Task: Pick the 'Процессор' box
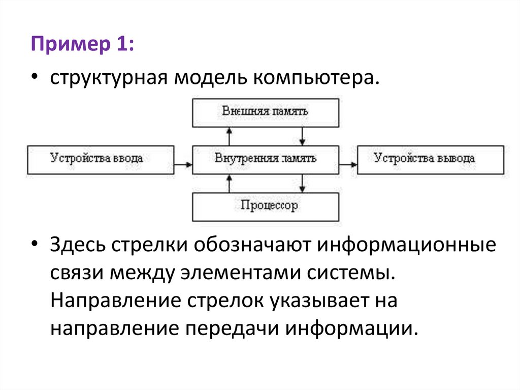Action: (266, 206)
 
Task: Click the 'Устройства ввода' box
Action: (100, 160)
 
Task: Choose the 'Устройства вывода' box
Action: (431, 160)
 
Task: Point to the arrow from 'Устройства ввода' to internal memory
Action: (183, 164)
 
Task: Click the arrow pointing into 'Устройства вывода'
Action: (348, 164)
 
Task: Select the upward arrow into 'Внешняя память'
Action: (229, 136)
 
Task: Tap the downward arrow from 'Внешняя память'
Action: (303, 136)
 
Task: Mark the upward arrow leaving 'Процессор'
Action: (229, 184)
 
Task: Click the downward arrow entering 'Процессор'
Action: (303, 184)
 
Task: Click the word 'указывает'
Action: (326, 301)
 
